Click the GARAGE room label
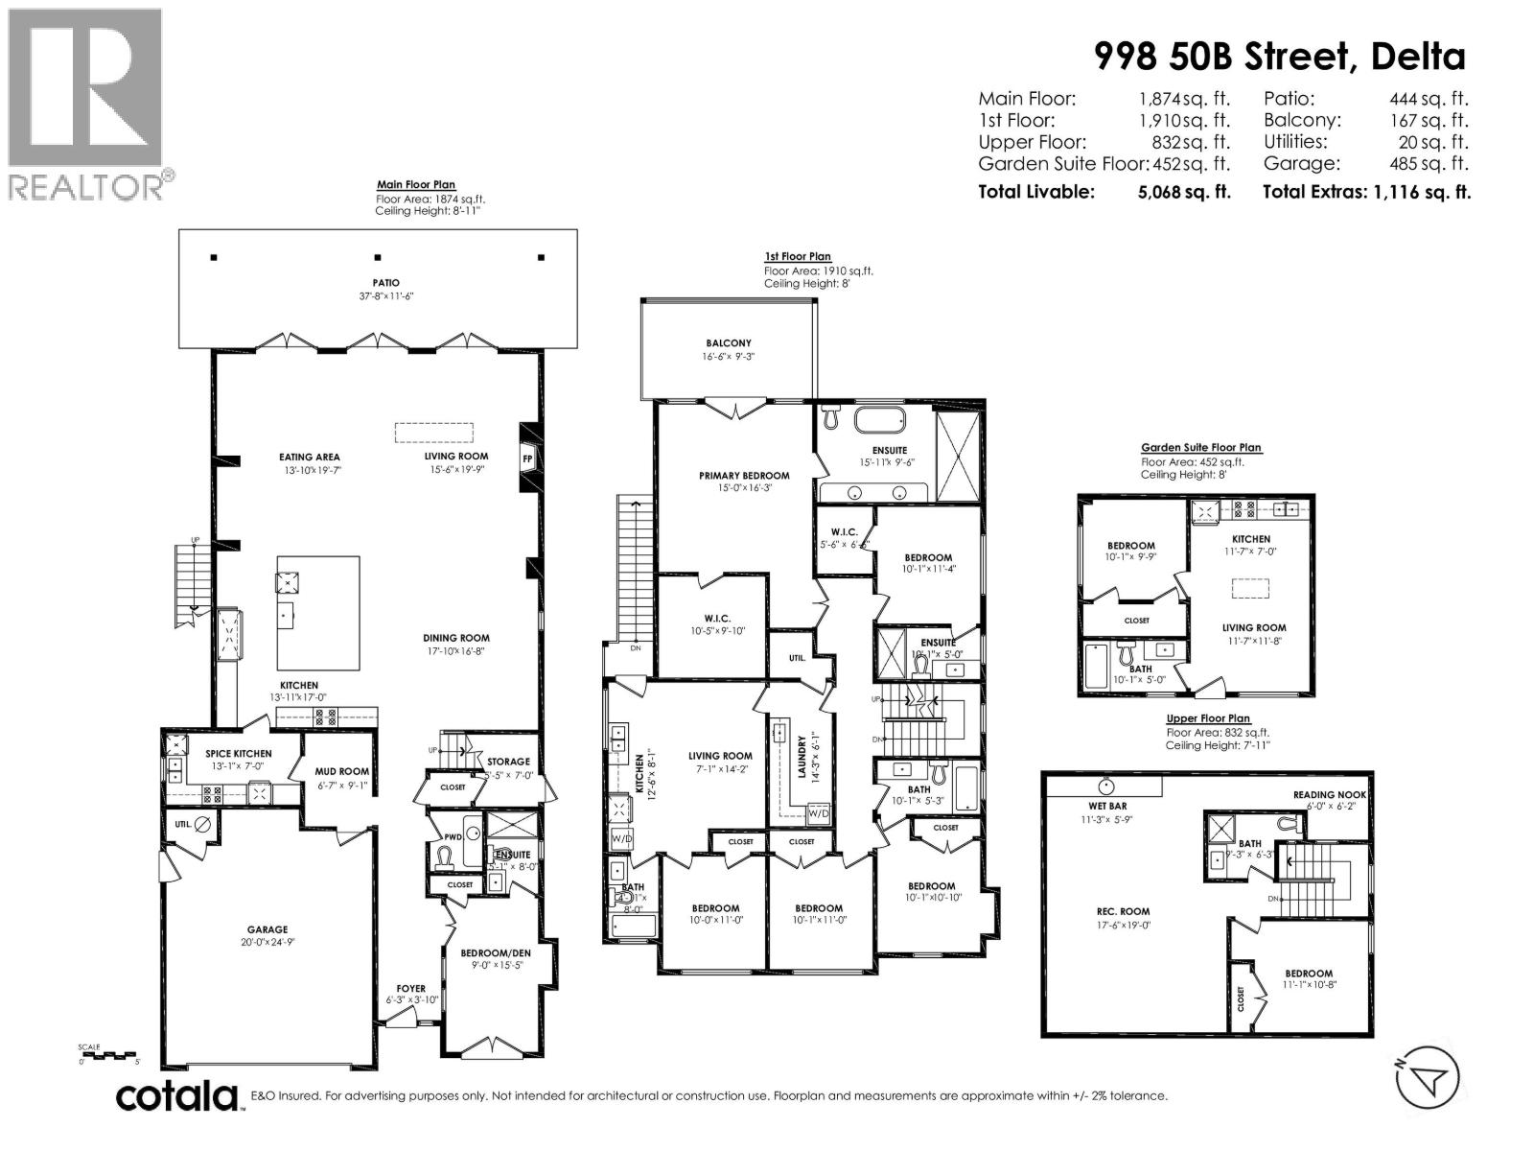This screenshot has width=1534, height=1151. click(267, 929)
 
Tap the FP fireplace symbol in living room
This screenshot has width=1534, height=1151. click(527, 458)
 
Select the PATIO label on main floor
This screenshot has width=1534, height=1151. click(386, 283)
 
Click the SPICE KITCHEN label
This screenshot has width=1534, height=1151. click(239, 754)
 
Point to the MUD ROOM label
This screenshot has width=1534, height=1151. click(342, 771)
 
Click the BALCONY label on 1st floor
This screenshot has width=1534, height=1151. click(729, 342)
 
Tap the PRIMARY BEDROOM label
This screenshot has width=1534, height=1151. click(744, 476)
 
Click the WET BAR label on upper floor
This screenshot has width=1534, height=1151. click(1107, 807)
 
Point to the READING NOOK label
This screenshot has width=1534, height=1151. click(1329, 795)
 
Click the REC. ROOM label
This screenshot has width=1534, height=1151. click(1124, 912)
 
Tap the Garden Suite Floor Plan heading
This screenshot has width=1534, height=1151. click(1201, 448)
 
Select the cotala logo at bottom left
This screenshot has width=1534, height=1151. click(177, 1095)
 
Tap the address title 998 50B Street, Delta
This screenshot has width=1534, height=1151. click(1280, 57)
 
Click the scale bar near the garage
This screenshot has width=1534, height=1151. click(109, 1055)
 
